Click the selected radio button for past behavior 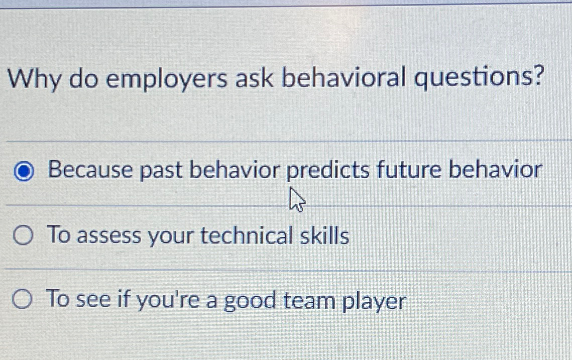pyautogui.click(x=23, y=172)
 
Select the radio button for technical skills pyautogui.click(x=23, y=235)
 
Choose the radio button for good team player pyautogui.click(x=23, y=300)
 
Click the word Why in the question pyautogui.click(x=34, y=79)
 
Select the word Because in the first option pyautogui.click(x=89, y=170)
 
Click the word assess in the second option pyautogui.click(x=109, y=236)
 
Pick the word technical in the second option pyautogui.click(x=245, y=235)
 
